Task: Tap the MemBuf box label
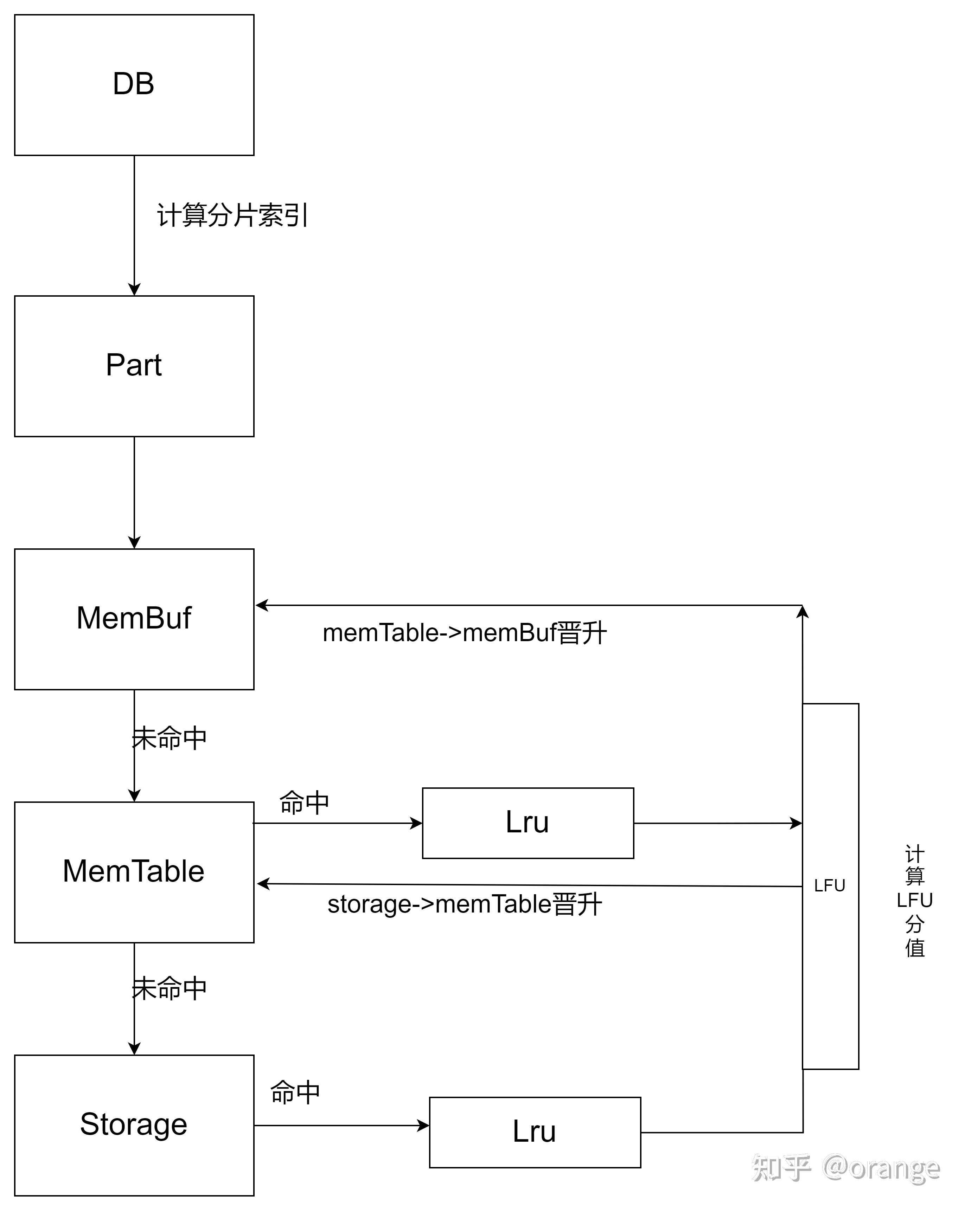(134, 618)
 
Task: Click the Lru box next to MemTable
(528, 823)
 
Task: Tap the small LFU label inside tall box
(830, 886)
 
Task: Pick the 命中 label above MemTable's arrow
(303, 803)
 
